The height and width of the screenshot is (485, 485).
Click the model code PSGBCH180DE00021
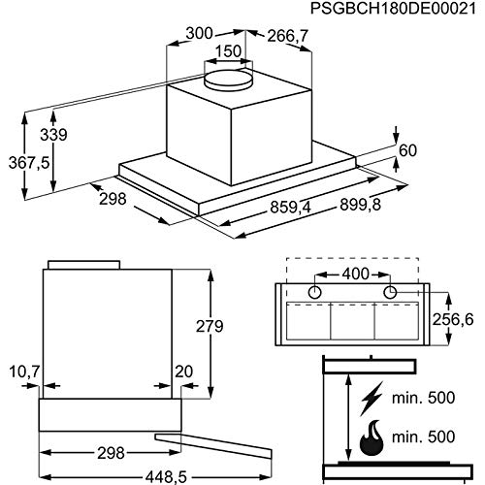(x=393, y=9)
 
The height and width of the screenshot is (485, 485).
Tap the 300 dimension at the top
(x=200, y=33)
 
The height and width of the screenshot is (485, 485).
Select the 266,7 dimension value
(x=287, y=36)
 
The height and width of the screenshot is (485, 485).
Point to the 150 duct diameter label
(x=228, y=51)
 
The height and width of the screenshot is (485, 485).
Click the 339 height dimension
(x=53, y=135)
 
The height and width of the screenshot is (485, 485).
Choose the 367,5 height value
(x=29, y=162)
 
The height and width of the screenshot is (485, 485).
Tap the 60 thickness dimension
(x=408, y=150)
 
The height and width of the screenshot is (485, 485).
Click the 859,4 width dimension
(x=290, y=208)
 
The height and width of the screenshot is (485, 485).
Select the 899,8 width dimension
(x=361, y=205)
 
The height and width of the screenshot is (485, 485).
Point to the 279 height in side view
(x=210, y=326)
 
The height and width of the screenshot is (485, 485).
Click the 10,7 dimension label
(x=24, y=372)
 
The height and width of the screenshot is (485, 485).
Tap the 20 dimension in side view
(x=183, y=372)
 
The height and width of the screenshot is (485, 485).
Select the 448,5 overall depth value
(x=166, y=476)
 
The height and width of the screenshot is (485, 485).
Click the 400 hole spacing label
(x=356, y=274)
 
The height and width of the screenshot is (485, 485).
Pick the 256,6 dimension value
(x=453, y=320)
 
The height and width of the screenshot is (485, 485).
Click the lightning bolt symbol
(x=372, y=399)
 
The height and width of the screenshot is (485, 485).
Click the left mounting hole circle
(x=314, y=292)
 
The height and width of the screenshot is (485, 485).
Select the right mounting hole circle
(x=390, y=292)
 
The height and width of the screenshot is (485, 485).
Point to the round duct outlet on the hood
(x=228, y=79)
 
